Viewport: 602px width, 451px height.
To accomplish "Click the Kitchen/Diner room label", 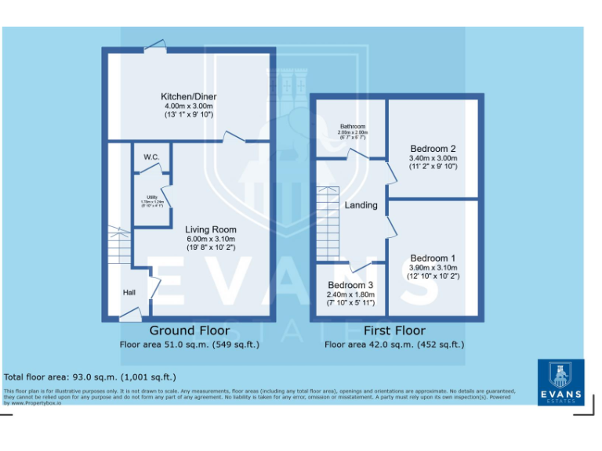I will tap(190, 96).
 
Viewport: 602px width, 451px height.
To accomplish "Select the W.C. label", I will tap(151, 157).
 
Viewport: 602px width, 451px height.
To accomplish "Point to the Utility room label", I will tap(152, 197).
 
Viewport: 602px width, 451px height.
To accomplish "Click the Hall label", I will tap(129, 292).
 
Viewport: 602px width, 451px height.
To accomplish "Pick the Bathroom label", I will tap(352, 126).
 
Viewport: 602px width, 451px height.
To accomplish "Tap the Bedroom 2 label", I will tap(433, 149).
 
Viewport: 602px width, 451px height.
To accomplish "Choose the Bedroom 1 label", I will tap(433, 258).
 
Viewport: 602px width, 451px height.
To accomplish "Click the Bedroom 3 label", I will tap(351, 285).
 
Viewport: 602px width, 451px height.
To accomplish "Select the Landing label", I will tap(361, 205).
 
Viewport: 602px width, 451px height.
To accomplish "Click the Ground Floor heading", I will tap(189, 330).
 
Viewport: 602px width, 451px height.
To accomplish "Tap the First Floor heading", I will tap(394, 330).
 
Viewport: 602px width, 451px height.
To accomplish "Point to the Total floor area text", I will tap(90, 377).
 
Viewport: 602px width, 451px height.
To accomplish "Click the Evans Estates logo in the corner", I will tap(560, 381).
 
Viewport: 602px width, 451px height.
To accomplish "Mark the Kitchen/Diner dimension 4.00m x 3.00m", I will tap(190, 106).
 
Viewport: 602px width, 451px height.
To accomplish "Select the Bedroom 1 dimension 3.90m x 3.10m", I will tap(433, 268).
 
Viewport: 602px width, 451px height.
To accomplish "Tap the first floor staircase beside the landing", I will tap(328, 223).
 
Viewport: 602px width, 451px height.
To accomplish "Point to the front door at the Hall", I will tap(129, 316).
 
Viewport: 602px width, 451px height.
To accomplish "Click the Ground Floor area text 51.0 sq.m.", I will tap(189, 344).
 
